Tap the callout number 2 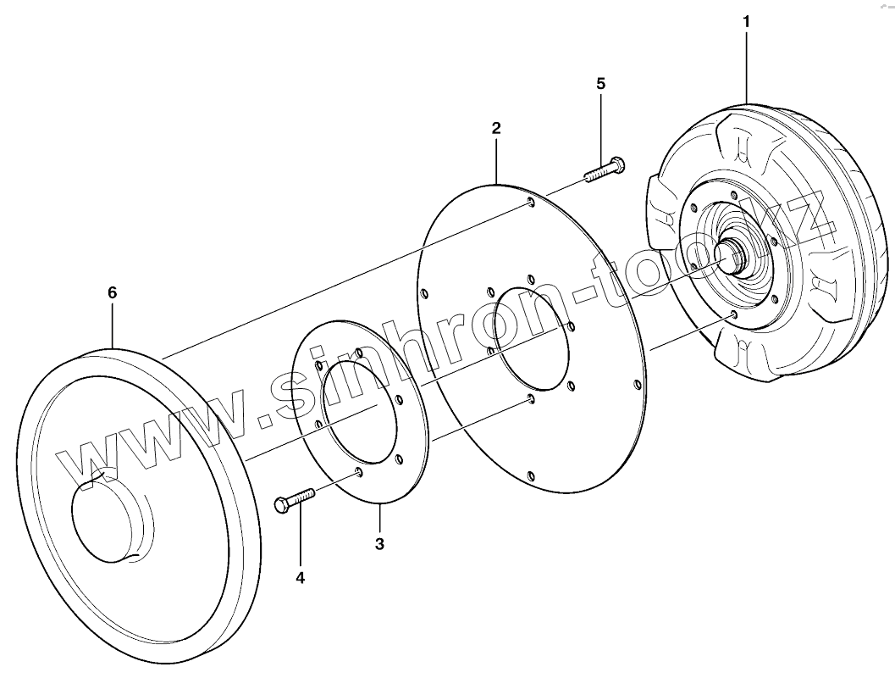(x=496, y=128)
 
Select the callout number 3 (x=379, y=543)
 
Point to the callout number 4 (x=300, y=577)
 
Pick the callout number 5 (x=601, y=83)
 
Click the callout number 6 (x=112, y=292)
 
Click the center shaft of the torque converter (x=728, y=253)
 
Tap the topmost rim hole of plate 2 (x=530, y=202)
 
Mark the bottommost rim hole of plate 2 (x=531, y=475)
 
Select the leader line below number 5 (x=602, y=127)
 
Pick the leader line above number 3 (x=379, y=517)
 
